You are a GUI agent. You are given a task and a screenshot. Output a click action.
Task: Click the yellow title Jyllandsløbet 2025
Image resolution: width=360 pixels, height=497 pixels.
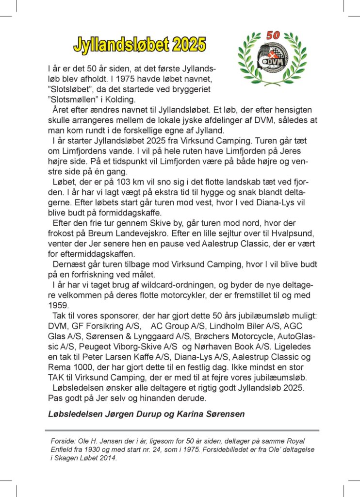tap(140, 45)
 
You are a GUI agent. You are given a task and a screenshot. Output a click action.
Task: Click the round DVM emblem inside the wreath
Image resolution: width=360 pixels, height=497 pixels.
tap(272, 59)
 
